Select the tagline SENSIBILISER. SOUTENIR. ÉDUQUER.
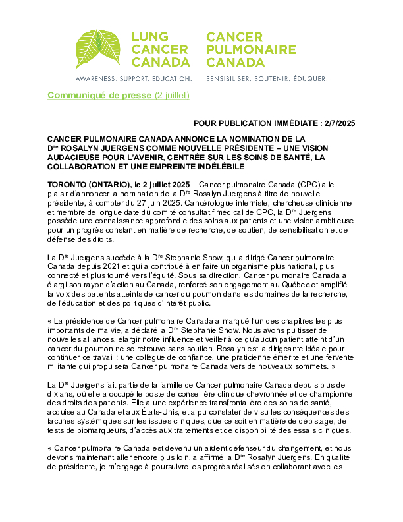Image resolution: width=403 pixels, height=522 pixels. pos(267,78)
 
